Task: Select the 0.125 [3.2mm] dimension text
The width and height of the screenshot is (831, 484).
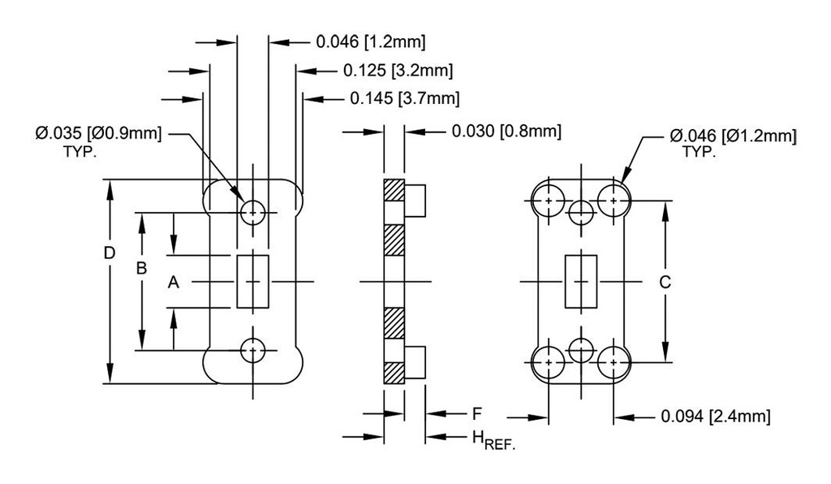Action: [398, 71]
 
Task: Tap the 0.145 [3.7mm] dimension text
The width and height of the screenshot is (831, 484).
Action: [405, 99]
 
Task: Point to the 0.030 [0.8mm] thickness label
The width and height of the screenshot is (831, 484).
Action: [506, 131]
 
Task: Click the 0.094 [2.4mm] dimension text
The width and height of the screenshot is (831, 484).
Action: [715, 417]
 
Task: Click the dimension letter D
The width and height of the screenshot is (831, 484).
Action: [109, 253]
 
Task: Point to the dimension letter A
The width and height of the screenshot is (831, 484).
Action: [172, 283]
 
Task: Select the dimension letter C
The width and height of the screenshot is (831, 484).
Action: [665, 282]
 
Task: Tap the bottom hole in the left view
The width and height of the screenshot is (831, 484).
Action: [253, 351]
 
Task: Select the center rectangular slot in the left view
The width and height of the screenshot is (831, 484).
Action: [253, 282]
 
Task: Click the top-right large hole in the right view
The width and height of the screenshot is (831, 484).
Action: [614, 200]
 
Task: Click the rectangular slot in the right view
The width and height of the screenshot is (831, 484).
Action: [579, 281]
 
